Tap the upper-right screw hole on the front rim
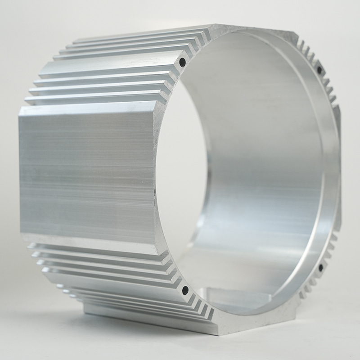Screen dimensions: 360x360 click(319, 70)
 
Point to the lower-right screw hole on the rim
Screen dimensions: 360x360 click(321, 268)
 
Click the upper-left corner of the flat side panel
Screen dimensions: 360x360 click(20, 113)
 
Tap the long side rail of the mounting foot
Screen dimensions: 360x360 click(148, 317)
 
